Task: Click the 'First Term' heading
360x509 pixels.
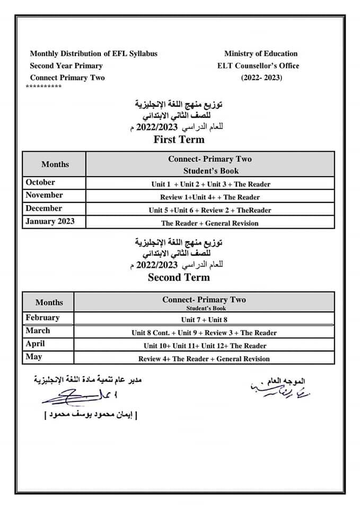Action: (179, 140)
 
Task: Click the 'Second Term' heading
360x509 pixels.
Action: (179, 277)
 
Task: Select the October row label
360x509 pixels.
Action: (40, 182)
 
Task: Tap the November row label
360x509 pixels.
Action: (44, 195)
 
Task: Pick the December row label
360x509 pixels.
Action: (43, 208)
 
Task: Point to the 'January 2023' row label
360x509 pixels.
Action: (50, 222)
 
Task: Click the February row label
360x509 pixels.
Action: (42, 318)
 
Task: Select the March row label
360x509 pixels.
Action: (38, 331)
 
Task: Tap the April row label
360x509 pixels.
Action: (36, 344)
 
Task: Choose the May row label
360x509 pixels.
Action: (34, 357)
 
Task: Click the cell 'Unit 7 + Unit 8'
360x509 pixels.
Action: (204, 320)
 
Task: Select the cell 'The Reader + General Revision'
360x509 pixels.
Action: (210, 223)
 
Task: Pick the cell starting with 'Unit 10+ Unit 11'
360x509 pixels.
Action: (205, 346)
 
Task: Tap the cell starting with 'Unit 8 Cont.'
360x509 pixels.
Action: (204, 333)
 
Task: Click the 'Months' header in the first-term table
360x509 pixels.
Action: (55, 164)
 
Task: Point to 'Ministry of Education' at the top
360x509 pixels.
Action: (261, 54)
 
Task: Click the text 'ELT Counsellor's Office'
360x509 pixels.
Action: (258, 66)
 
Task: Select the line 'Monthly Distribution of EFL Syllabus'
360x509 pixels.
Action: (94, 54)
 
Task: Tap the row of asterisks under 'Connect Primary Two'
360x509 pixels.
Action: (43, 86)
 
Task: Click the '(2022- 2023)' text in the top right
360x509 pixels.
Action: (262, 78)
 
